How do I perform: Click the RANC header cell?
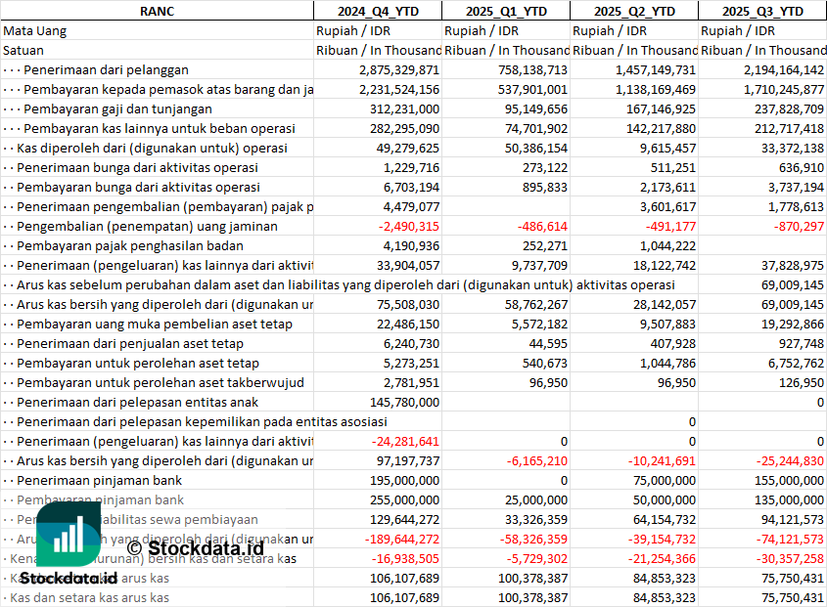pyautogui.click(x=157, y=11)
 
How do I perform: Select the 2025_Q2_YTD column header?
pyautogui.click(x=634, y=11)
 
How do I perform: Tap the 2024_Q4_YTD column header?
pyautogui.click(x=377, y=11)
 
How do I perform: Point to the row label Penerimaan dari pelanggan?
pyautogui.click(x=106, y=69)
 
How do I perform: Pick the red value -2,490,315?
pyautogui.click(x=401, y=226)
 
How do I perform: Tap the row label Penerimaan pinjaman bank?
pyautogui.click(x=100, y=480)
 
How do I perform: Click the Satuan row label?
pyautogui.click(x=23, y=50)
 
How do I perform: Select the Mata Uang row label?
pyautogui.click(x=35, y=30)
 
